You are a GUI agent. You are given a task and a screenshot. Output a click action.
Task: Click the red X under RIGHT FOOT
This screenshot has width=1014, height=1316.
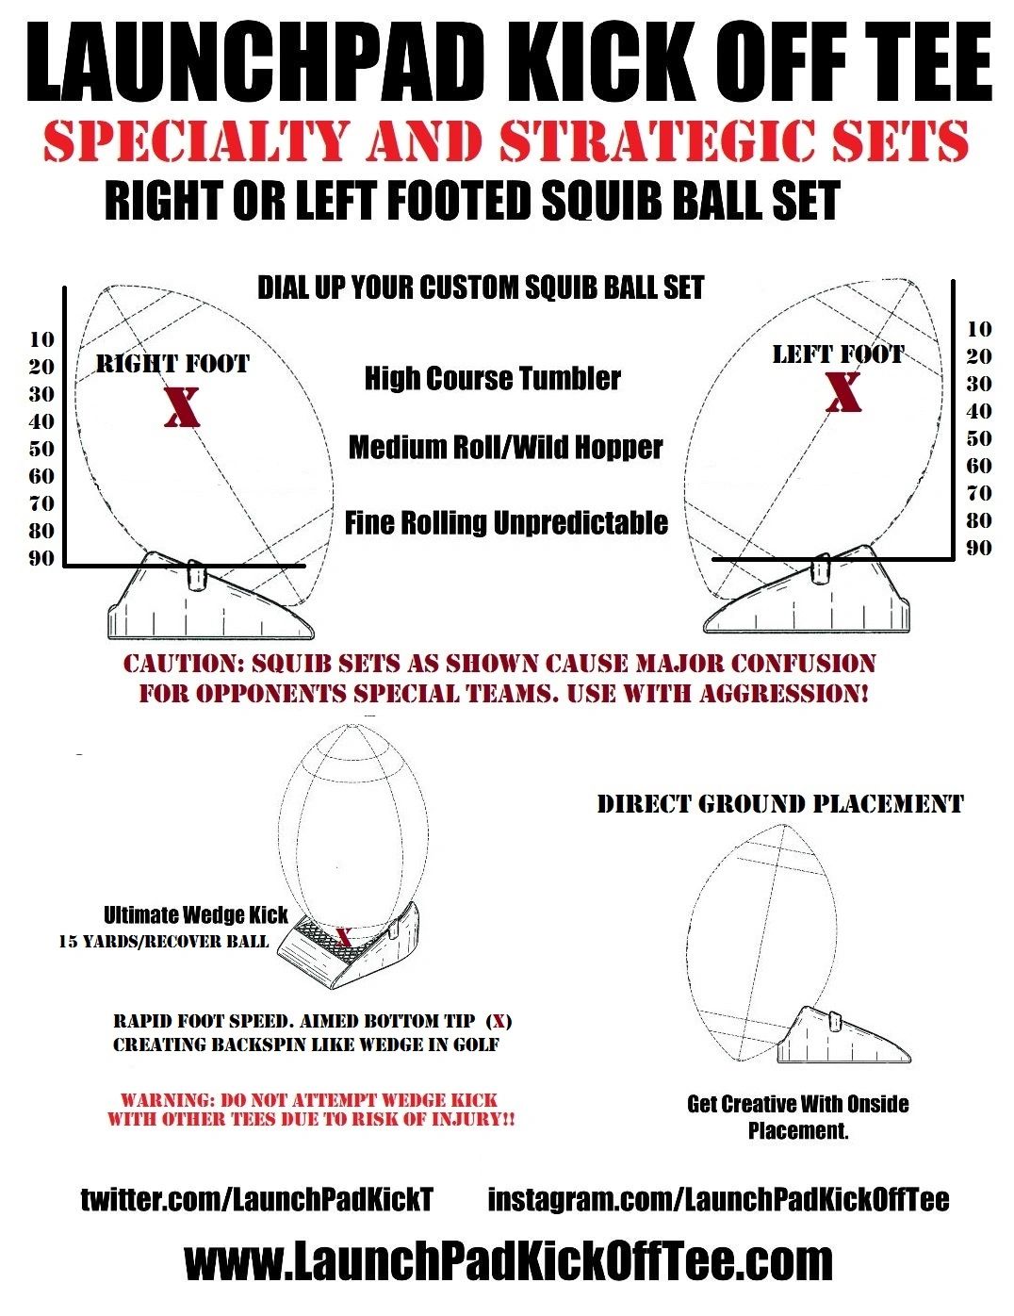click(183, 406)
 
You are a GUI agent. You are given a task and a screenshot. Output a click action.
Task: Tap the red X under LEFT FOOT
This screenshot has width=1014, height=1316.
click(842, 393)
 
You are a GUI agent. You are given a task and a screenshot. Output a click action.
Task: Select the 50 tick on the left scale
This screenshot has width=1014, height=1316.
click(41, 449)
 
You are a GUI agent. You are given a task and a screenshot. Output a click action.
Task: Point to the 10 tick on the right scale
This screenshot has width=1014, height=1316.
click(979, 329)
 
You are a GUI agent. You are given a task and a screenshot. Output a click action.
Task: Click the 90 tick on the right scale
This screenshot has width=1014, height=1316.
click(979, 548)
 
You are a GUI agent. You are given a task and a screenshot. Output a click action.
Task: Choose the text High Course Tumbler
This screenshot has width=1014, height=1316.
click(492, 379)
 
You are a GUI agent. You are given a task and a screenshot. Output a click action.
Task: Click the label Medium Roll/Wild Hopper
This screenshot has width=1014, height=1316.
click(505, 447)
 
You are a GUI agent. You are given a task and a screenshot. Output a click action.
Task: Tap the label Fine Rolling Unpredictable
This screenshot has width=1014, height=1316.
click(506, 522)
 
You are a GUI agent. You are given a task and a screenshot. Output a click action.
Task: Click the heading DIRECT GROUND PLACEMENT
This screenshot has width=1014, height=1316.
click(780, 804)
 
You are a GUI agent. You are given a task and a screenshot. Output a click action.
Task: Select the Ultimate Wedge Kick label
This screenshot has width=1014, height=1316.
click(195, 914)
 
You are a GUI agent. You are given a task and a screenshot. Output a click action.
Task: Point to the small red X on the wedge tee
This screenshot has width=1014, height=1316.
click(344, 937)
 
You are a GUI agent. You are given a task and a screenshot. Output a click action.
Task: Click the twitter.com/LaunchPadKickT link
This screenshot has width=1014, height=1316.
click(256, 1199)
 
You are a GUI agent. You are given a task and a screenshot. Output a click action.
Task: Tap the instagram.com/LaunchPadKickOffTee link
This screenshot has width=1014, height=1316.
click(718, 1199)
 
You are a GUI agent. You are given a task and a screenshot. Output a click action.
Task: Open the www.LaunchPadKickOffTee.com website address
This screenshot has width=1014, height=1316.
click(508, 1261)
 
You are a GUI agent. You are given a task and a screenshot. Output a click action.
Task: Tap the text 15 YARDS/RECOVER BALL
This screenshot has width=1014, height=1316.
click(163, 941)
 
